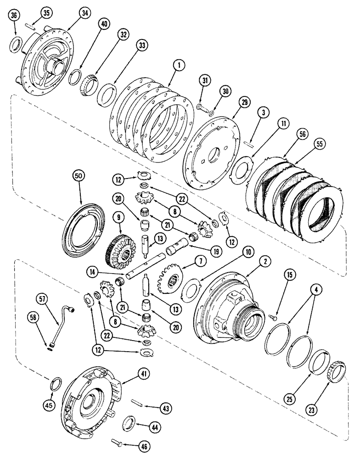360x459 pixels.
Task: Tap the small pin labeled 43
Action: tap(136, 402)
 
